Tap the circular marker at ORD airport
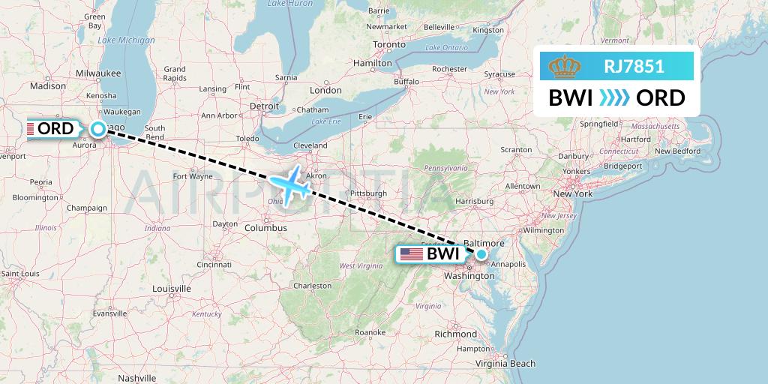98,129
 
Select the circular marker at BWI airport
481,255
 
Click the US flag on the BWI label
411,254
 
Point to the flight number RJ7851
634,66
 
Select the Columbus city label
265,227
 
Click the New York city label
572,194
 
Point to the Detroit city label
264,106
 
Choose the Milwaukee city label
98,73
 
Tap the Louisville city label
171,289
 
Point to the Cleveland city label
310,145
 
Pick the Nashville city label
136,379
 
